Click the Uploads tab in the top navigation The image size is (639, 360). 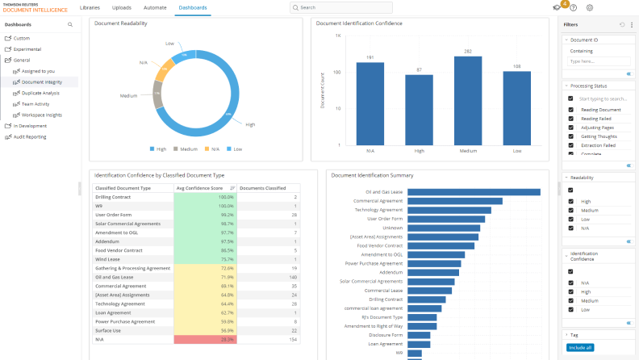(x=122, y=7)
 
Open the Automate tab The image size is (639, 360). (x=155, y=7)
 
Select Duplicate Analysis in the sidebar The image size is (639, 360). (x=40, y=93)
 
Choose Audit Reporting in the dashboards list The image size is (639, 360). (x=30, y=136)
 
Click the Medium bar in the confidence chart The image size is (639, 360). (x=468, y=100)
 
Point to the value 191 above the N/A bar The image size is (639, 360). (x=370, y=57)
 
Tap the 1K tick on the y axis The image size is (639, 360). (x=338, y=36)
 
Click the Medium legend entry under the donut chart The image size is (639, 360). (x=186, y=149)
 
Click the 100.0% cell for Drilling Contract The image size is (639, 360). (x=205, y=197)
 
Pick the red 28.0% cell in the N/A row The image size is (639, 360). (x=205, y=340)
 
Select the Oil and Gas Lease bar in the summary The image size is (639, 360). (x=473, y=192)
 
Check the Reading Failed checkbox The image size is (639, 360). (x=570, y=119)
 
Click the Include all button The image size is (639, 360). (x=579, y=347)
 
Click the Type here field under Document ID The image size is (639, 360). (x=599, y=61)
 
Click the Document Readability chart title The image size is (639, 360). (x=121, y=23)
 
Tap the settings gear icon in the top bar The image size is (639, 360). (x=590, y=7)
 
